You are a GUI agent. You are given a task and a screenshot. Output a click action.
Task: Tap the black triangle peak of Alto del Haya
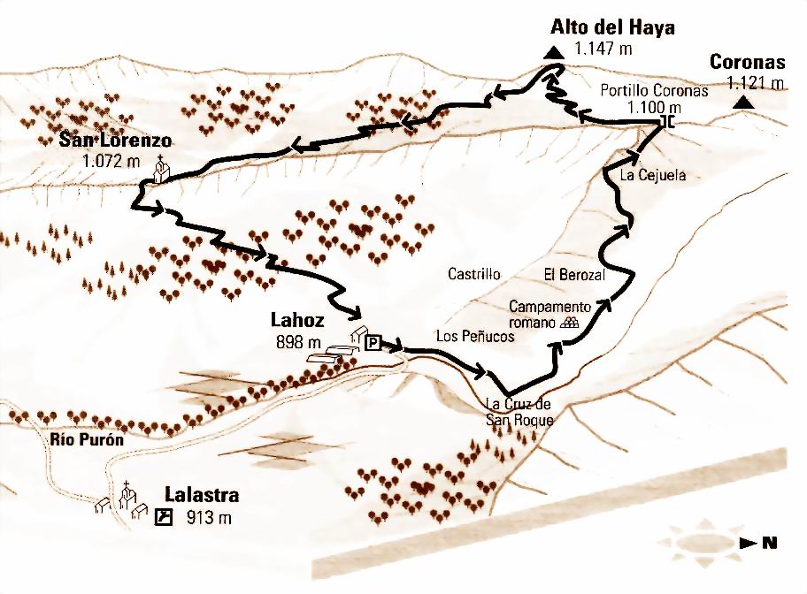tap(554, 53)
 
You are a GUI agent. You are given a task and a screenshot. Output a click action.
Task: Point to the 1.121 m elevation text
tap(756, 83)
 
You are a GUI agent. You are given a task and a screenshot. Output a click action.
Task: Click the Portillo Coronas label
tap(642, 90)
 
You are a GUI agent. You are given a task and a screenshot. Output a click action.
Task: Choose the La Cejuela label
tap(653, 175)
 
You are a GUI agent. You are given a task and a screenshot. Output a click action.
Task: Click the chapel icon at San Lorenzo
tap(161, 170)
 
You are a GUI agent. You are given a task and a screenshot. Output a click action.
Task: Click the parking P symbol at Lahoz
tap(373, 343)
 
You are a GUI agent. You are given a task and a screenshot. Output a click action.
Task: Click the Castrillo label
tap(474, 274)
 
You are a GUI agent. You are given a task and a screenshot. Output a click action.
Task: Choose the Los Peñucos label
tap(475, 336)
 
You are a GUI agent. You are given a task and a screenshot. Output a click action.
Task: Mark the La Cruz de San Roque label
tap(519, 413)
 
